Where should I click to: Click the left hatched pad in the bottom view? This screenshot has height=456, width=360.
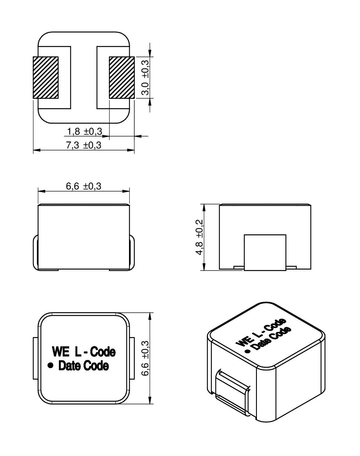(x=45, y=78)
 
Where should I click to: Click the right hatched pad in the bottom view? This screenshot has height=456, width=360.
(x=122, y=78)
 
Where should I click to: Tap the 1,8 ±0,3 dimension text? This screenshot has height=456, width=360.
(x=85, y=132)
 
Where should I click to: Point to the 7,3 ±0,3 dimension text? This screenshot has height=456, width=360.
(x=84, y=145)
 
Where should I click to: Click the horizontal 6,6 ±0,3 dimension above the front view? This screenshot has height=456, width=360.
(x=84, y=186)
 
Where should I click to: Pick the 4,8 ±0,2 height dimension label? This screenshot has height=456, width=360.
(x=199, y=237)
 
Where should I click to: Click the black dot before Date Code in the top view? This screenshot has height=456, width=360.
(x=51, y=365)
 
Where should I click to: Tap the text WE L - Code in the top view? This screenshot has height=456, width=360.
(x=83, y=352)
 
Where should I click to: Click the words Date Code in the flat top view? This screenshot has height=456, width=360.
(x=84, y=366)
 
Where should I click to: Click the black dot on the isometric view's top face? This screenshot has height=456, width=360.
(x=248, y=351)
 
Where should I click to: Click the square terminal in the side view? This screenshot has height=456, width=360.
(x=265, y=252)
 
